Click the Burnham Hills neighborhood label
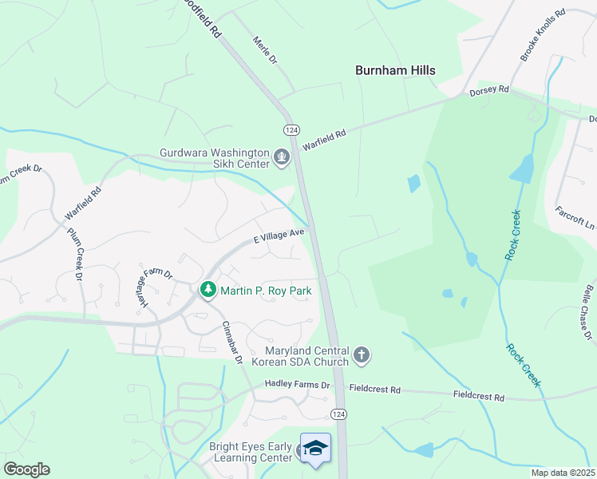coord(395,70)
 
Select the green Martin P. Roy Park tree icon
coord(208,290)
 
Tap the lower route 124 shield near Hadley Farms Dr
coord(338,414)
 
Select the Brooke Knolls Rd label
coord(542,35)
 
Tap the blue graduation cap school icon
coord(315,448)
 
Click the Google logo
coord(26,469)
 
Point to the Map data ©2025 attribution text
coord(563,473)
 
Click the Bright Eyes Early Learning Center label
coord(251,453)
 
